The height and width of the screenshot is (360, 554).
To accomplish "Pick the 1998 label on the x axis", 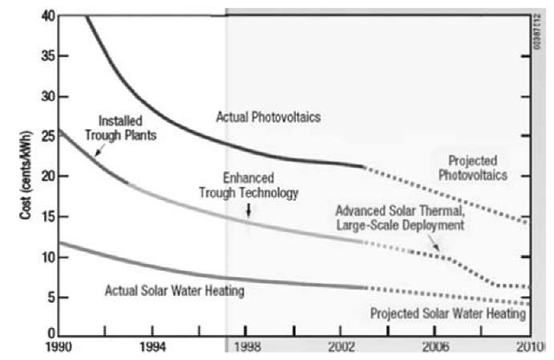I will coord(247,347).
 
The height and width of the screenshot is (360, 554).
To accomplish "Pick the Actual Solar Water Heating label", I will coord(173,292).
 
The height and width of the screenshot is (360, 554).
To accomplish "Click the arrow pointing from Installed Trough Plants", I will coord(97,150).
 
